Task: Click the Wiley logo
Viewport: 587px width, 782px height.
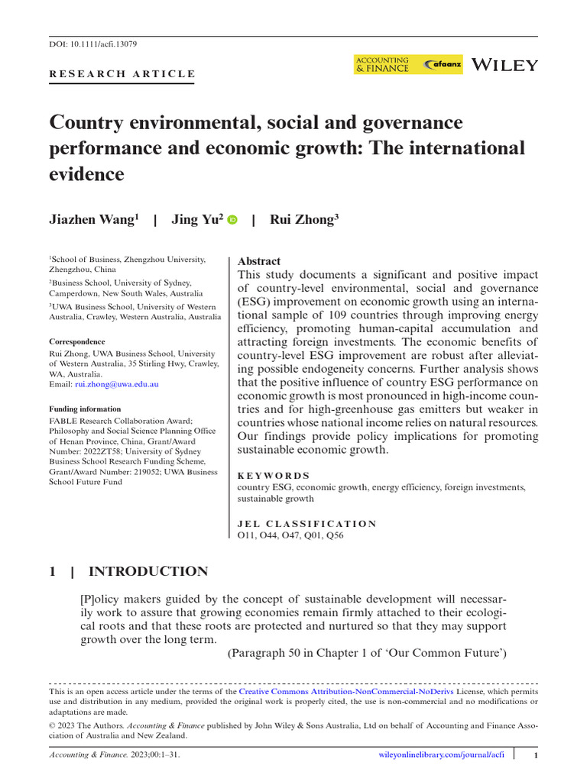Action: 505,65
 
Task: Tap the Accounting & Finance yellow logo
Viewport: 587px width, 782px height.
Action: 382,65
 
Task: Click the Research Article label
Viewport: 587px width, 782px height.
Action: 122,74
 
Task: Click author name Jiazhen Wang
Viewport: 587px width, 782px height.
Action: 94,220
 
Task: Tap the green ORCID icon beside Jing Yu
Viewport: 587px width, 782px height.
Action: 232,220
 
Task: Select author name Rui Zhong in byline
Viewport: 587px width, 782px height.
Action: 304,220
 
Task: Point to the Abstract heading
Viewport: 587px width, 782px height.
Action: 259,261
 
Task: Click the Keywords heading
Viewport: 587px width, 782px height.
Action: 274,475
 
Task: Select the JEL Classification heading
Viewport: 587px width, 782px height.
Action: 307,523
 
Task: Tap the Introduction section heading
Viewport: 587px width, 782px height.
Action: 148,571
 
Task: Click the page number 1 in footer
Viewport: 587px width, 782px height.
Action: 537,755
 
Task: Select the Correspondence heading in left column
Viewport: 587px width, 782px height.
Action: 77,341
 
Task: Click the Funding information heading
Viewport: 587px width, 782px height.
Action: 85,409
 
